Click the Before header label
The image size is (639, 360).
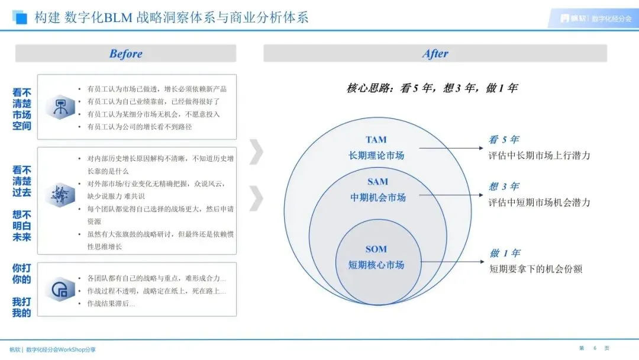pyautogui.click(x=125, y=54)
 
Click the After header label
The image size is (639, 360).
pyautogui.click(x=435, y=54)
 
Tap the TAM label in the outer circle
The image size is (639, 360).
pyautogui.click(x=376, y=140)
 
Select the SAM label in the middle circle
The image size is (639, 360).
pyautogui.click(x=377, y=182)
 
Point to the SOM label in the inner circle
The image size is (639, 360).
pyautogui.click(x=376, y=249)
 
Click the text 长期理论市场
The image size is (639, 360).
pyautogui.click(x=376, y=155)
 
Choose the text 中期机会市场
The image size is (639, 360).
pyautogui.click(x=377, y=197)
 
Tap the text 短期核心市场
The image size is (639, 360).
pyautogui.click(x=376, y=265)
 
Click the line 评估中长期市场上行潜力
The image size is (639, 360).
pyautogui.click(x=539, y=156)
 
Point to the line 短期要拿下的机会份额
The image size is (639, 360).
pyautogui.click(x=535, y=269)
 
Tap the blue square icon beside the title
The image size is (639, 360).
pyautogui.click(x=21, y=17)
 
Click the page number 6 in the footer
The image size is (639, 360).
pyautogui.click(x=594, y=348)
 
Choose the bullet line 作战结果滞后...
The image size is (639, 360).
pyautogui.click(x=111, y=304)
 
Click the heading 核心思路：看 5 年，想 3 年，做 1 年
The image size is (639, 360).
pyautogui.click(x=432, y=88)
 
